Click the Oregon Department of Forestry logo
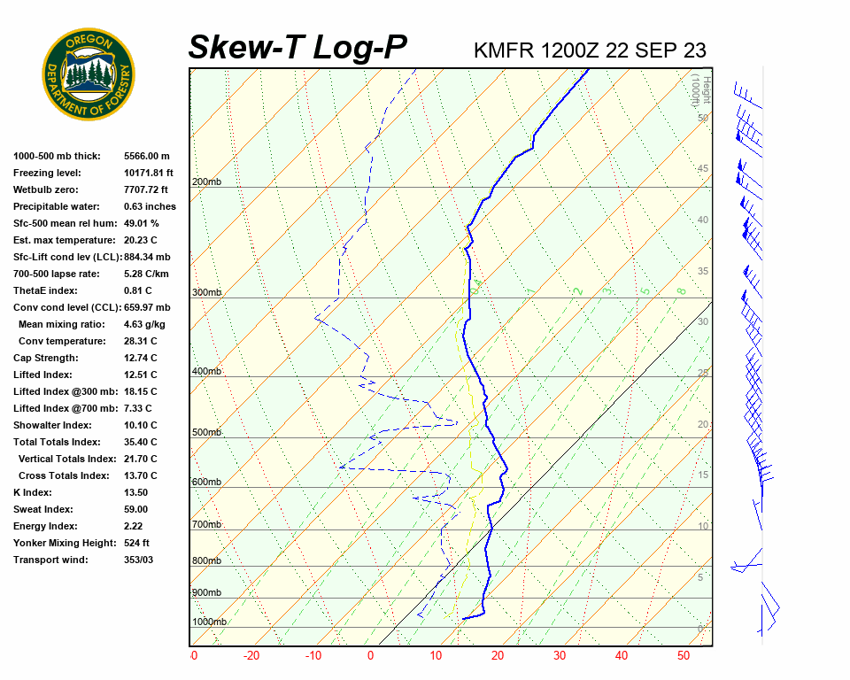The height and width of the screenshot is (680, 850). pos(89,74)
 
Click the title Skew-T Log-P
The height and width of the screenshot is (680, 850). pos(297,48)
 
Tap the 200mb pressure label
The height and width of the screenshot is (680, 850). pos(206,182)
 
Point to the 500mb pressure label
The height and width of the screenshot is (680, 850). pos(206,432)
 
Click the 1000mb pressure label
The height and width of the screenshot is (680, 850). pos(209,622)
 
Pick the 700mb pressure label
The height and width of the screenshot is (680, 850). pos(206,525)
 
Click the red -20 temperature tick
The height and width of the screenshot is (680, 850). pos(251,656)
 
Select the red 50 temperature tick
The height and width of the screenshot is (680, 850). pos(683,656)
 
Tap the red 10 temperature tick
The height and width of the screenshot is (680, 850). pos(436,656)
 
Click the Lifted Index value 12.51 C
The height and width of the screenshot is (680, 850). pos(140,375)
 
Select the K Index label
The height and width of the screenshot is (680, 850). pos(34,492)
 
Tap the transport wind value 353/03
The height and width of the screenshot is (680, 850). pos(138,560)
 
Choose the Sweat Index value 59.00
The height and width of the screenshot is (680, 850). pos(135,509)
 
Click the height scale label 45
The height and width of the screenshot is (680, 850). pos(703,169)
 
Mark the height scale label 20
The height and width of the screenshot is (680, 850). pos(703,424)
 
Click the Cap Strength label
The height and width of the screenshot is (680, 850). pos(45,358)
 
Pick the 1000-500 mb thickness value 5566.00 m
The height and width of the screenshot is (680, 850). pos(146,156)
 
